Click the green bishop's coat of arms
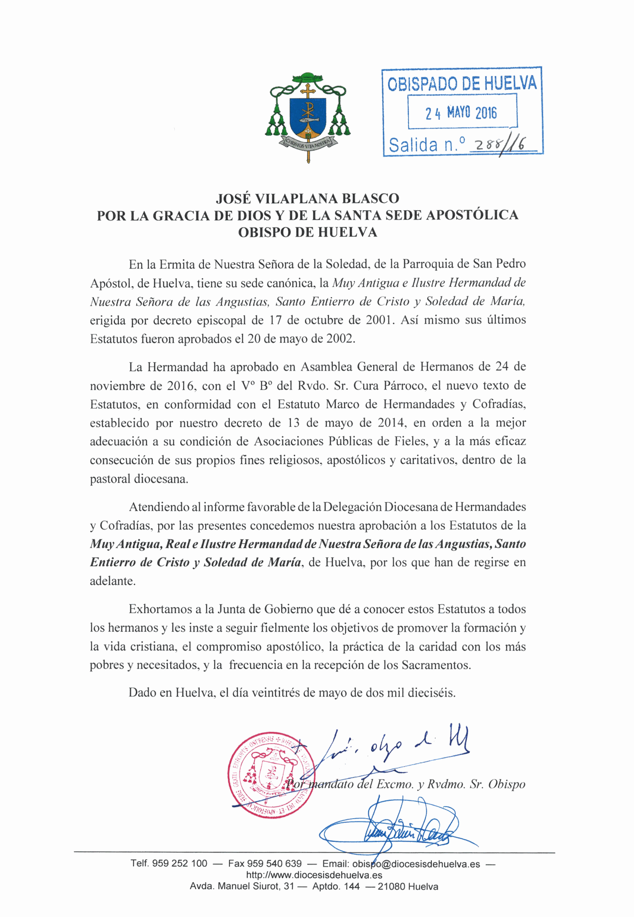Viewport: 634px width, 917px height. pos(308,117)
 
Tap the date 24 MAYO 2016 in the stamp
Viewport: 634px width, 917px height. pos(462,113)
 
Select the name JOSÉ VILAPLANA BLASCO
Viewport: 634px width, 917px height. pos(308,198)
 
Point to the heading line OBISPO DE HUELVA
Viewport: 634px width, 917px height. pos(308,233)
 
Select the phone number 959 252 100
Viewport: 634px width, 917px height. pos(180,864)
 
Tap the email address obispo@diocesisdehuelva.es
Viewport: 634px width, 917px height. pos(416,864)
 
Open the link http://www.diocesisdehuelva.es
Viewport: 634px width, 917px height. pos(314,875)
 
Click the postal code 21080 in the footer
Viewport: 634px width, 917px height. pos(391,887)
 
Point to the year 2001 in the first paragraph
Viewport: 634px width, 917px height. pos(380,320)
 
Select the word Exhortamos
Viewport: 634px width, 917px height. pos(159,609)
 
